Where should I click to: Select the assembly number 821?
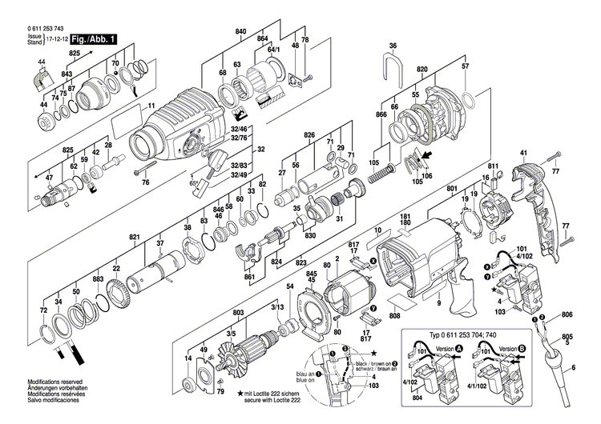[135, 238]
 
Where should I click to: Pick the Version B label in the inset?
[507, 348]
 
